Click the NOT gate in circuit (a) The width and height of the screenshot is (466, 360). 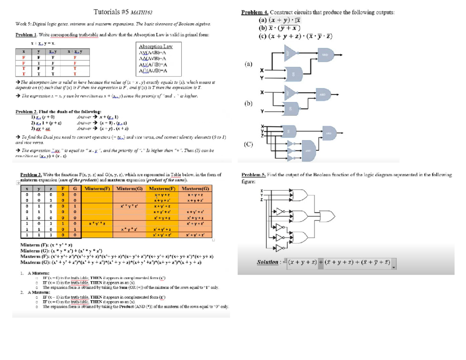pos(289,54)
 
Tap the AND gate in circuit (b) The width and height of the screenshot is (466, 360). pos(323,94)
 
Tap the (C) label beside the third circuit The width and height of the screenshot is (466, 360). pos(248,145)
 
